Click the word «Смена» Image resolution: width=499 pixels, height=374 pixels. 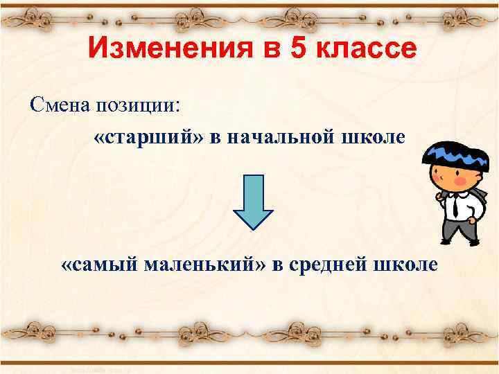point(60,105)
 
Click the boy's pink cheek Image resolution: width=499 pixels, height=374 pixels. point(459,181)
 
